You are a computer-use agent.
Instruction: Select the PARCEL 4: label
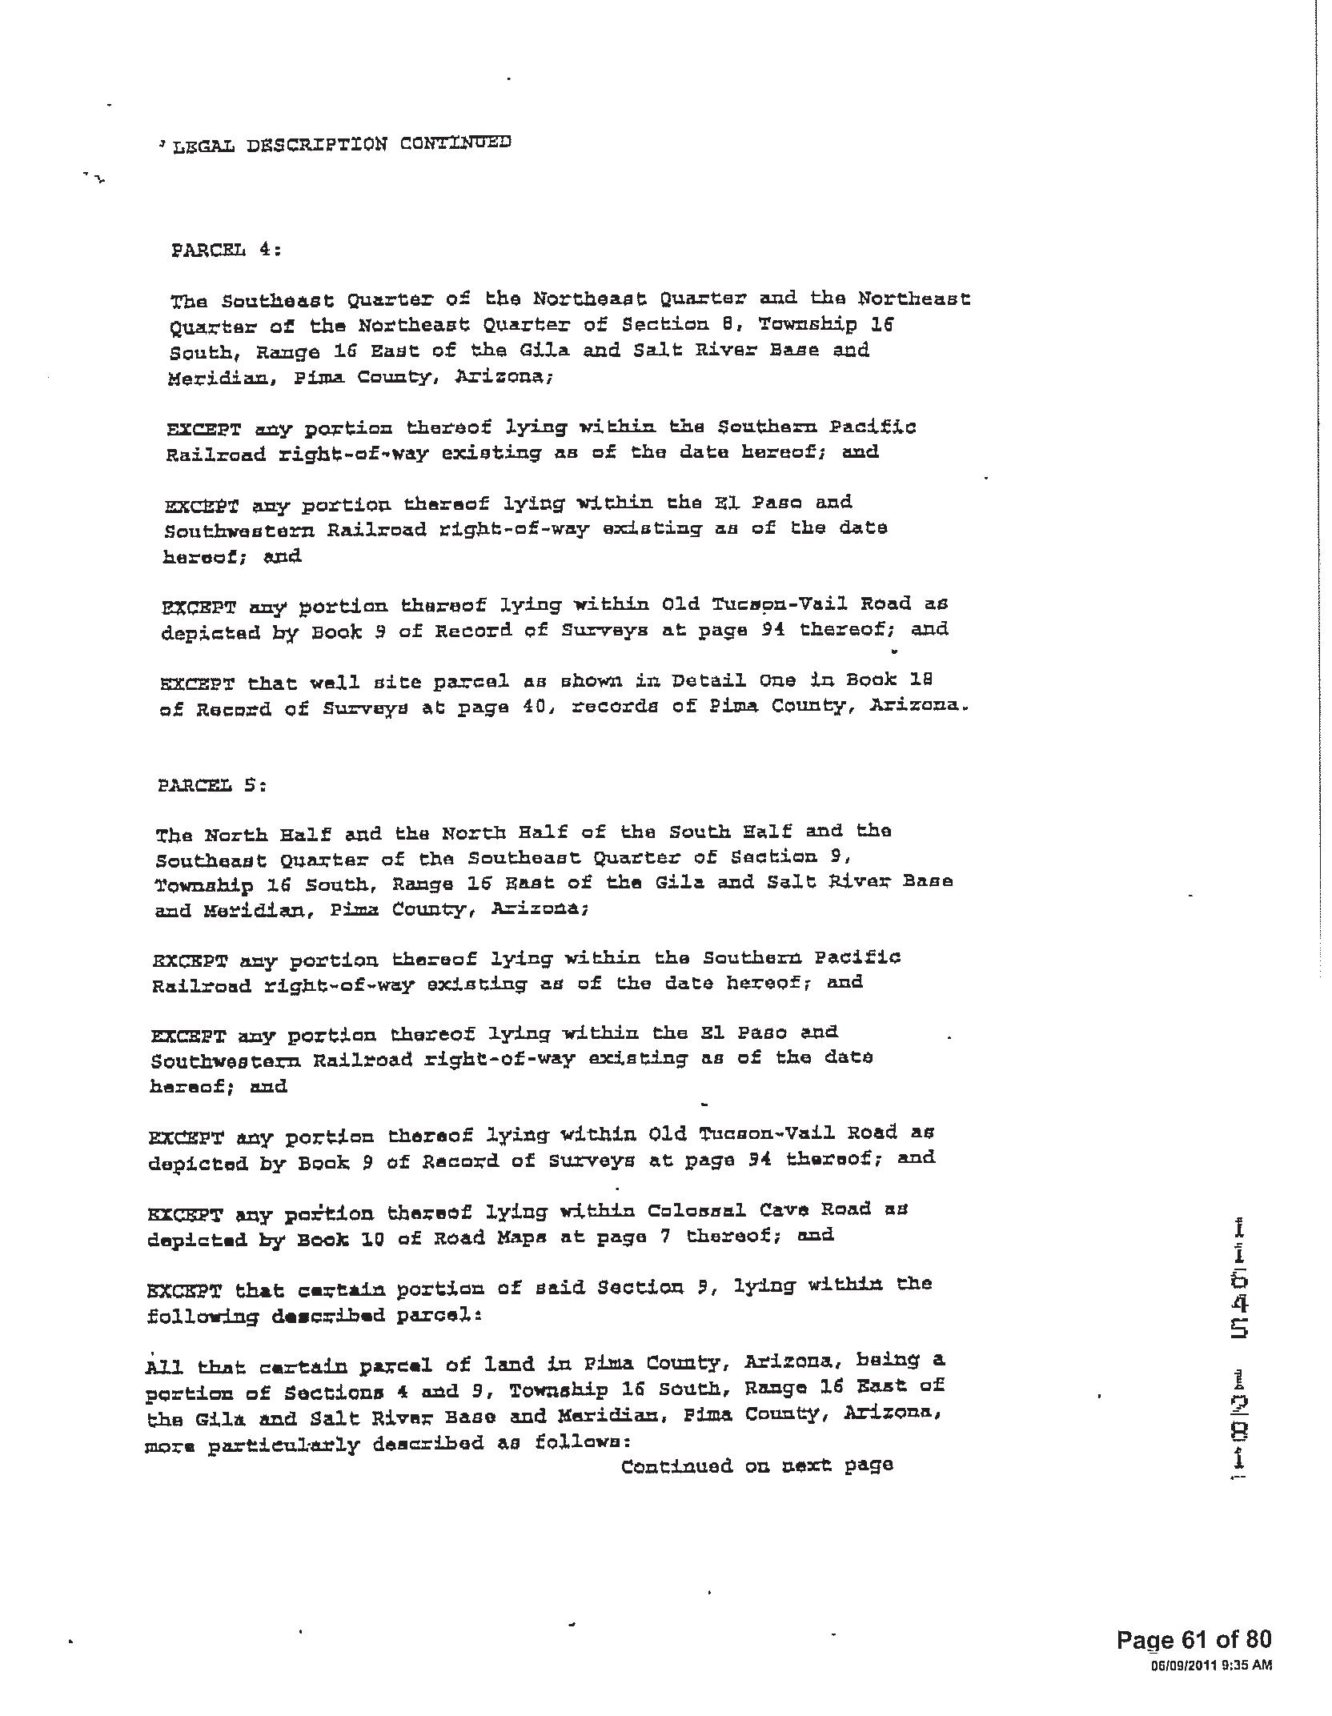(226, 250)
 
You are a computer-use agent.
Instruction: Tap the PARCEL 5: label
(211, 785)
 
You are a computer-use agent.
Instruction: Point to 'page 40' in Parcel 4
(490, 708)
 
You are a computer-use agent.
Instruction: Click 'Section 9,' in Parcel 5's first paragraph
(791, 857)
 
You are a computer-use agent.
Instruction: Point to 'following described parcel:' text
(313, 1316)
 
